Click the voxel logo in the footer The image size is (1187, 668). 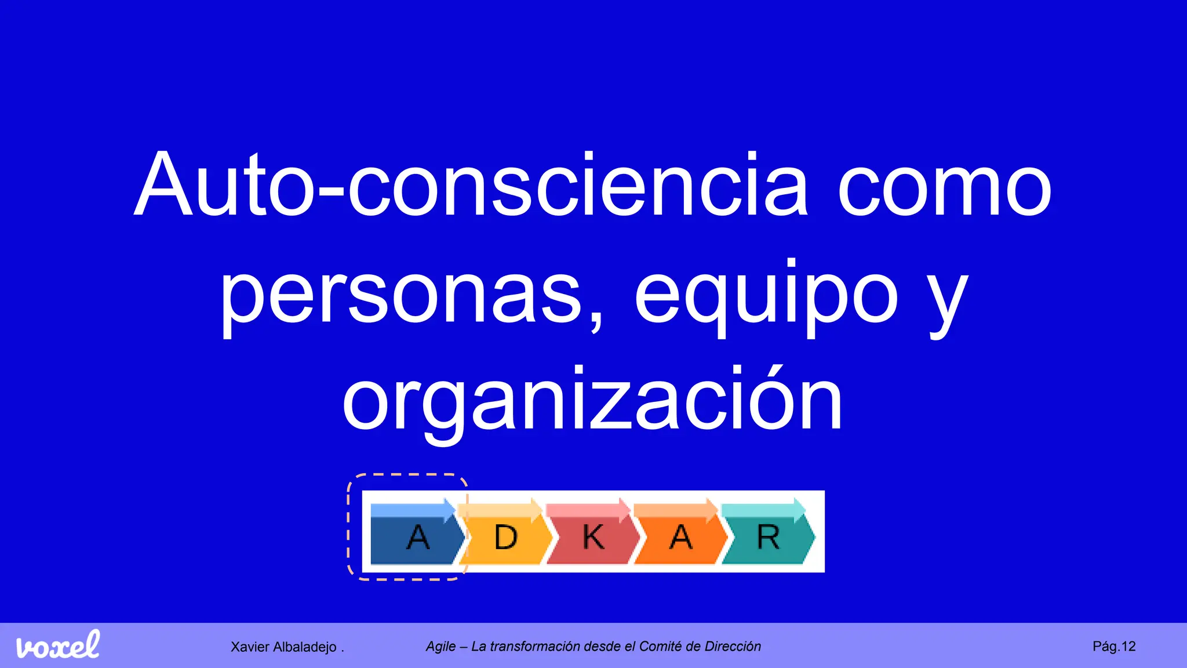pos(58,645)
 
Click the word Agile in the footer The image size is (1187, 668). pos(440,647)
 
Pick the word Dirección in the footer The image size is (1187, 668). pos(733,647)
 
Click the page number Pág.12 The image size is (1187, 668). pos(1114,647)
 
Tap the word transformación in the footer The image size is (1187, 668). pos(536,647)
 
